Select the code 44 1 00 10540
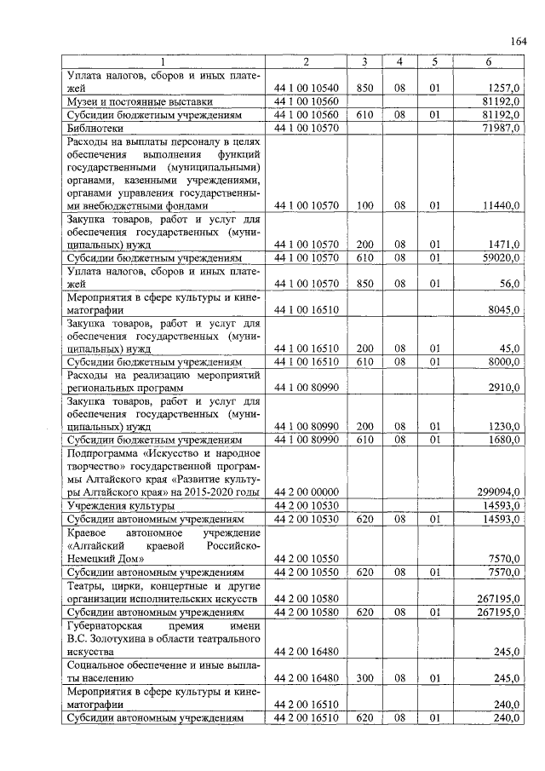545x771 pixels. [x=307, y=88]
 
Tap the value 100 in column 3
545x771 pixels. [x=364, y=205]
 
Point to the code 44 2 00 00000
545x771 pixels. [x=307, y=492]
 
